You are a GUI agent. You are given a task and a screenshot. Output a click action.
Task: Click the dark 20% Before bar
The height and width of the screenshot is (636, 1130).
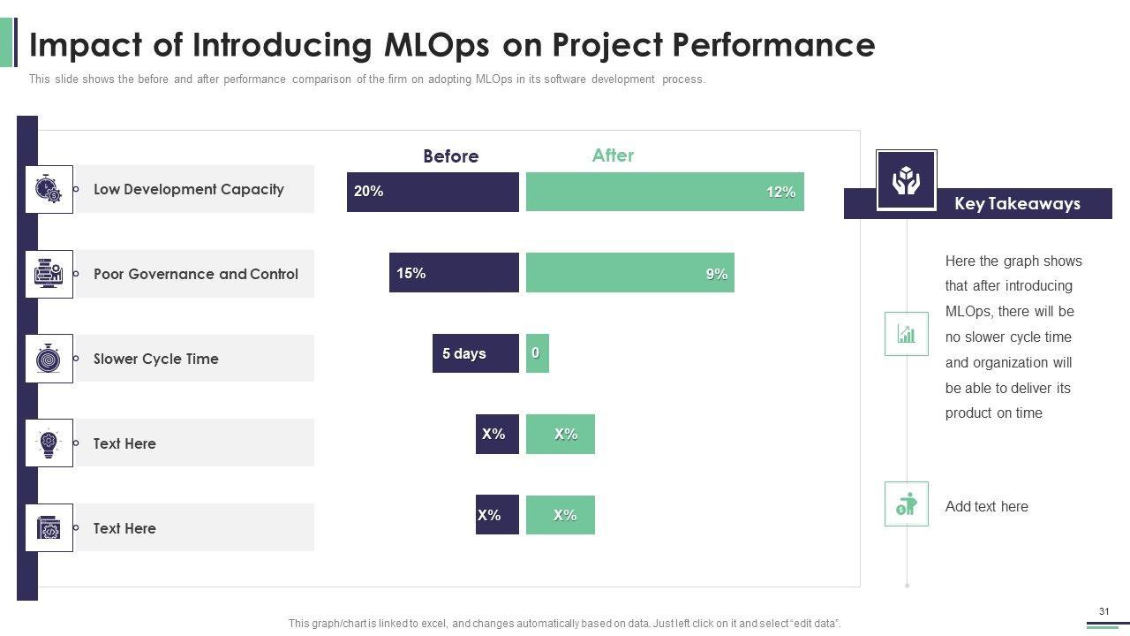(433, 192)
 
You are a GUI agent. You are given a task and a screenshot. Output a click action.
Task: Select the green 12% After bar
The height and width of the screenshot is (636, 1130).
(665, 192)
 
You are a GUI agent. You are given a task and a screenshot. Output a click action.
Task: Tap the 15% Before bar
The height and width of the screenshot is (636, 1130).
(454, 273)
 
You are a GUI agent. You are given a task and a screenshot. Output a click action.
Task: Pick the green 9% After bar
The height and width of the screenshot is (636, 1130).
(629, 273)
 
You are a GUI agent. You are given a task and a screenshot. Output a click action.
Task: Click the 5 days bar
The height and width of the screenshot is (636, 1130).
(475, 353)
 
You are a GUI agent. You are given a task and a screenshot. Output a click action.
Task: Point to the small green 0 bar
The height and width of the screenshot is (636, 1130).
(537, 353)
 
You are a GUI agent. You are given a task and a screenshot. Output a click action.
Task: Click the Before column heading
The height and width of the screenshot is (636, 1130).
(450, 156)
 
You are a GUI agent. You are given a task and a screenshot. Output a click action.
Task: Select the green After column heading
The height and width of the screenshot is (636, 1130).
(613, 155)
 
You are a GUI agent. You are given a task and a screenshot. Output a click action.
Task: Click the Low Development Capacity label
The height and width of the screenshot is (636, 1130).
(188, 189)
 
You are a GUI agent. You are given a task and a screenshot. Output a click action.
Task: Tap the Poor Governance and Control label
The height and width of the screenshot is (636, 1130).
(196, 274)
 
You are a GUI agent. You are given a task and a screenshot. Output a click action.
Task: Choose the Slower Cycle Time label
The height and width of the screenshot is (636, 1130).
(155, 359)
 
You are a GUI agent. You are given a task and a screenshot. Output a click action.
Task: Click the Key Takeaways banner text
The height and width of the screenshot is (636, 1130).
(1017, 204)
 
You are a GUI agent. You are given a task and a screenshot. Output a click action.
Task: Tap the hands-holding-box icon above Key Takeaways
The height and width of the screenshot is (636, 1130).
(906, 181)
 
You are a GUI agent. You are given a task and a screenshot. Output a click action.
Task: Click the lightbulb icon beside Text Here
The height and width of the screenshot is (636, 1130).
(49, 443)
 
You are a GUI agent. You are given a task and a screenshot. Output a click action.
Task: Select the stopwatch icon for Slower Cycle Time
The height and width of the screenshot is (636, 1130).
(49, 359)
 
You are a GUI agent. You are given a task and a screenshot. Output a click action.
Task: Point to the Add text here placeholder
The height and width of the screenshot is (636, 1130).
(986, 507)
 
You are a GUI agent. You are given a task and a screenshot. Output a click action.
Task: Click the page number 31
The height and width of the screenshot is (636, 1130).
(1104, 612)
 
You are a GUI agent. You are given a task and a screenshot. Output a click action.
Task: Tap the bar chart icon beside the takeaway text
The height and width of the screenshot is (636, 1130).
(906, 334)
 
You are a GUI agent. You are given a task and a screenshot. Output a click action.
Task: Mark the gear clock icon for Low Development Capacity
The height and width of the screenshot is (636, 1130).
(49, 189)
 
